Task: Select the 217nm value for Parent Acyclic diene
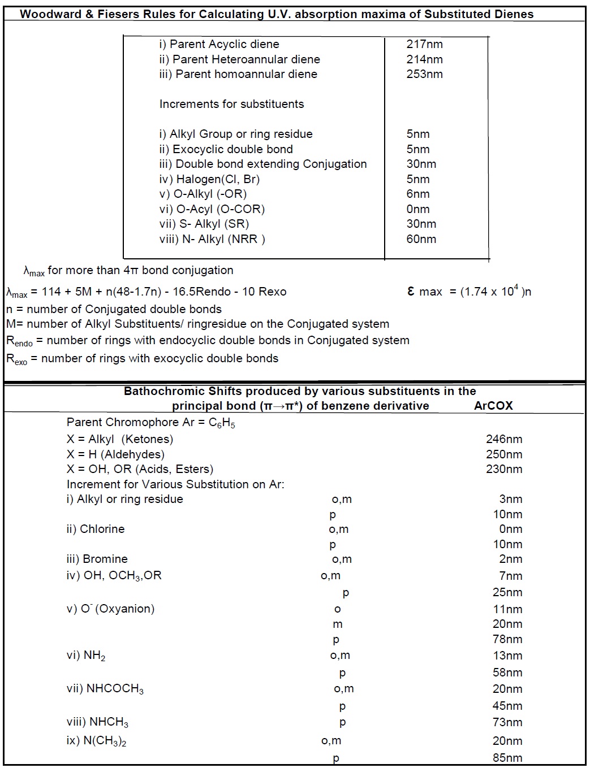(x=424, y=44)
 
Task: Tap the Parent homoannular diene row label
(x=238, y=74)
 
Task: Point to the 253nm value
(x=424, y=74)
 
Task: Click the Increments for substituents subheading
(x=231, y=104)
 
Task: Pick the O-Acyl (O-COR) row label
(x=212, y=209)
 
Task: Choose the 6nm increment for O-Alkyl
(x=418, y=194)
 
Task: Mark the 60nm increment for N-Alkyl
(x=421, y=239)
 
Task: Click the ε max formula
(x=469, y=292)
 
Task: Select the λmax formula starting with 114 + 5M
(x=147, y=292)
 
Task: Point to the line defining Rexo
(x=142, y=358)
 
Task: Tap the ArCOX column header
(x=493, y=406)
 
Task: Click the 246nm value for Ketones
(x=504, y=439)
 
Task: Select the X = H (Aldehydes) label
(x=115, y=454)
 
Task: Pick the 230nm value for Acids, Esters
(x=504, y=469)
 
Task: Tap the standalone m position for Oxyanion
(x=338, y=624)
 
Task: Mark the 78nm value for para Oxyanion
(x=507, y=639)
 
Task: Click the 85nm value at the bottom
(x=507, y=758)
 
